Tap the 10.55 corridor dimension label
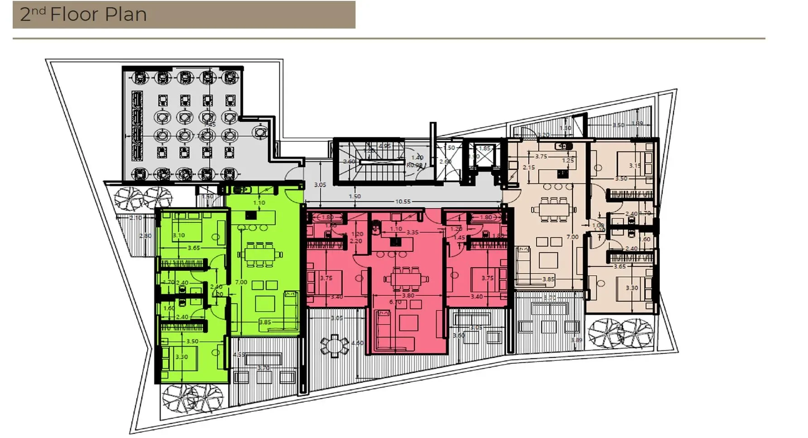pos(403,202)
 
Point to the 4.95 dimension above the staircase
pos(385,146)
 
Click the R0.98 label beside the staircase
pos(414,165)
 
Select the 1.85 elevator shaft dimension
pos(485,148)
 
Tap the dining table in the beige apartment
pos(551,210)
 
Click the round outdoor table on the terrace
pos(334,344)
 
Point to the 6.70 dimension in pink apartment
pos(395,302)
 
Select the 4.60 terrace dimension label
pos(357,343)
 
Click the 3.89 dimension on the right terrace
pos(576,340)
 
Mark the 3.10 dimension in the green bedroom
pos(178,236)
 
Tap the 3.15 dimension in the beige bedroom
pos(635,166)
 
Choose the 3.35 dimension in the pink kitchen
pos(412,232)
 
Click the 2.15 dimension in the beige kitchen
pos(529,167)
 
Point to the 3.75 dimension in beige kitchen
pos(541,156)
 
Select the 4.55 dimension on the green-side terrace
pos(239,355)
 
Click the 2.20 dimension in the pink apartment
pos(356,241)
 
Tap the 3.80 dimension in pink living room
pos(408,295)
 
